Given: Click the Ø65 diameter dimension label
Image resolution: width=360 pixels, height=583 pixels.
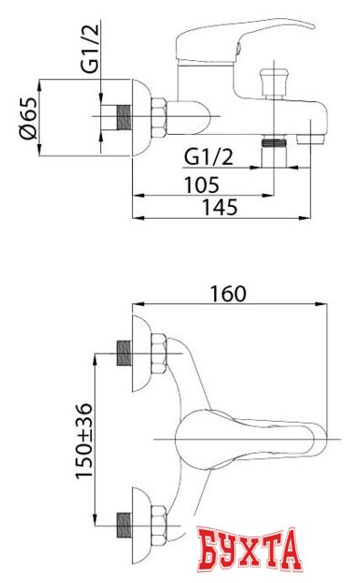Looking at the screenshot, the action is pos(28,118).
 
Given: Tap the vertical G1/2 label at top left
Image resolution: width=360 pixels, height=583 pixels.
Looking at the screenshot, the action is pos(90,48).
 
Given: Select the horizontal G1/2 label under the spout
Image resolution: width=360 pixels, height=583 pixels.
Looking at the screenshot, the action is pos(209,157).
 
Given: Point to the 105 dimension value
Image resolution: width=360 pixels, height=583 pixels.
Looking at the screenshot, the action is pos(202,185).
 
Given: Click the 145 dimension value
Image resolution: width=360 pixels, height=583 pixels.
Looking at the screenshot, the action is pos(220,208).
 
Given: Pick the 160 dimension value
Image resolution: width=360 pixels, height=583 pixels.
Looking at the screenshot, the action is pos(229,293).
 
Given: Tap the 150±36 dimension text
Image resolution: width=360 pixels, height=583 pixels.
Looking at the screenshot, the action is pos(84,441).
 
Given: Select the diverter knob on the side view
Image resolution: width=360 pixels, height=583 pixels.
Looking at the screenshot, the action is pos(274,83).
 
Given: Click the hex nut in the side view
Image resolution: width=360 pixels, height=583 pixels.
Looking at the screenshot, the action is pos(159,118).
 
